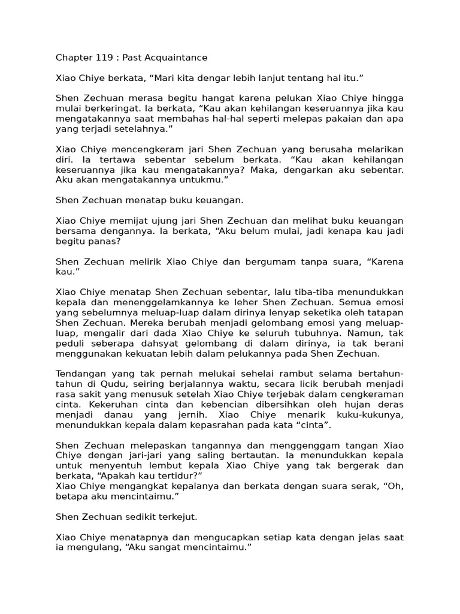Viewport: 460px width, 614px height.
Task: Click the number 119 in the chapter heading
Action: tap(105, 58)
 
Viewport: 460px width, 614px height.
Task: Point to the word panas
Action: tap(107, 241)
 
